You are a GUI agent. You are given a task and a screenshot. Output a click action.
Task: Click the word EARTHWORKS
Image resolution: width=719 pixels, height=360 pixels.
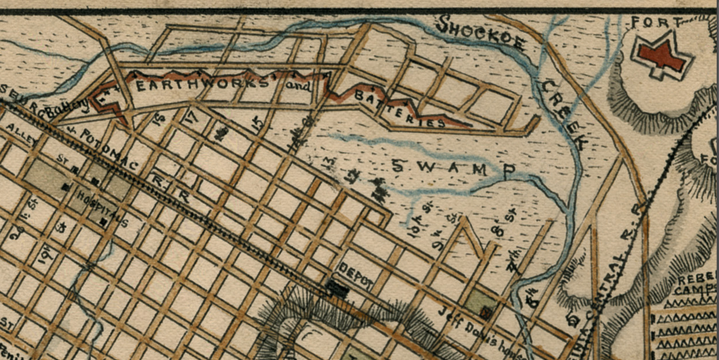point(203,85)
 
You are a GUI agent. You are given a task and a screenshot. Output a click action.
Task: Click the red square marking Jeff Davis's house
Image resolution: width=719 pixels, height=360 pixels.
point(486,314)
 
